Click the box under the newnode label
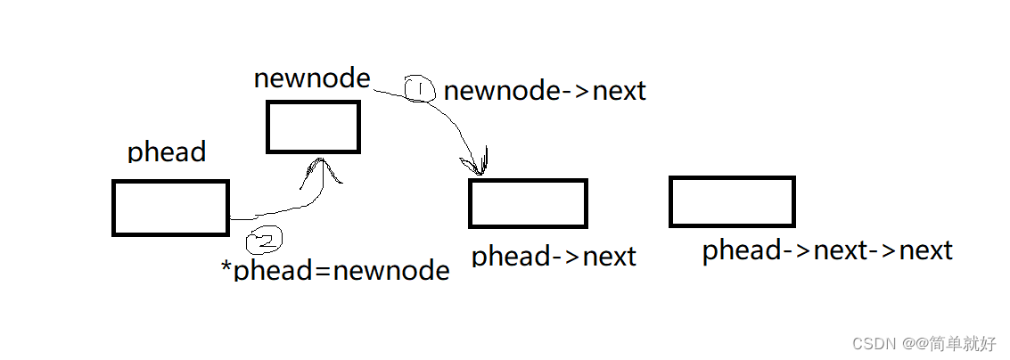click(313, 127)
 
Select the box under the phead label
click(170, 208)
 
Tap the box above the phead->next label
click(528, 203)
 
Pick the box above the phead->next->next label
click(732, 201)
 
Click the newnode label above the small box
click(312, 78)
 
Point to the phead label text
click(167, 152)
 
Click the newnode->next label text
click(545, 90)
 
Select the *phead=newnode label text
click(335, 270)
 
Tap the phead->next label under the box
click(554, 257)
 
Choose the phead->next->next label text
click(827, 250)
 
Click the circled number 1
click(419, 89)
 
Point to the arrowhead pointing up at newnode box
click(319, 169)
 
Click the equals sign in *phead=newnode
click(322, 271)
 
